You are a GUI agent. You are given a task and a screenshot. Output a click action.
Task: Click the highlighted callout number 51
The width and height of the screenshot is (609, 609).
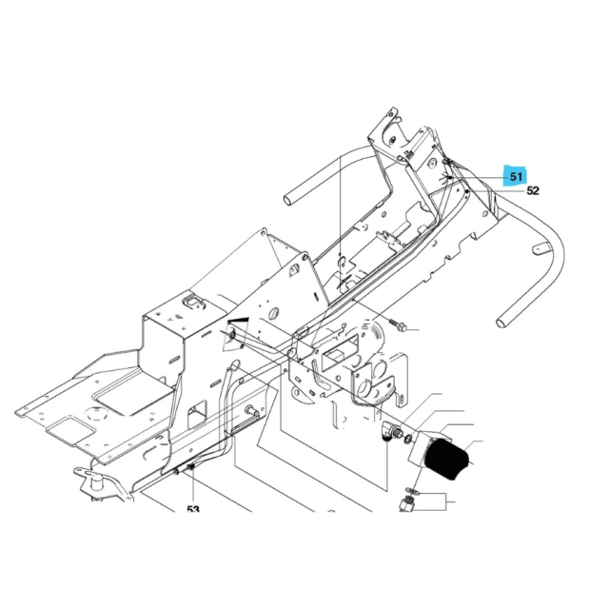click(x=517, y=176)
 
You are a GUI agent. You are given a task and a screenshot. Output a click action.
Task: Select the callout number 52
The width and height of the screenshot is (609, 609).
click(x=533, y=190)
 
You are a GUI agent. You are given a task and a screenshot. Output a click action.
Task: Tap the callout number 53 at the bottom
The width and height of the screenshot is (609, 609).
click(x=193, y=510)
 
